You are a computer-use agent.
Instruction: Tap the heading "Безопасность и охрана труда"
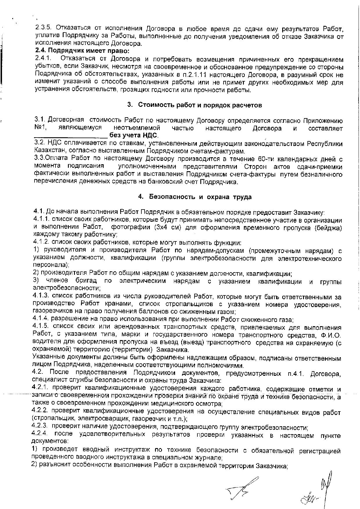(x=200, y=197)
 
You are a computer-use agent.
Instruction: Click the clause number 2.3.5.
(x=43, y=28)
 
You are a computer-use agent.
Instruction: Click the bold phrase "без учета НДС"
(x=134, y=136)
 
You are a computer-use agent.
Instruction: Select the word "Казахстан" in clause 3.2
(x=48, y=151)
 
